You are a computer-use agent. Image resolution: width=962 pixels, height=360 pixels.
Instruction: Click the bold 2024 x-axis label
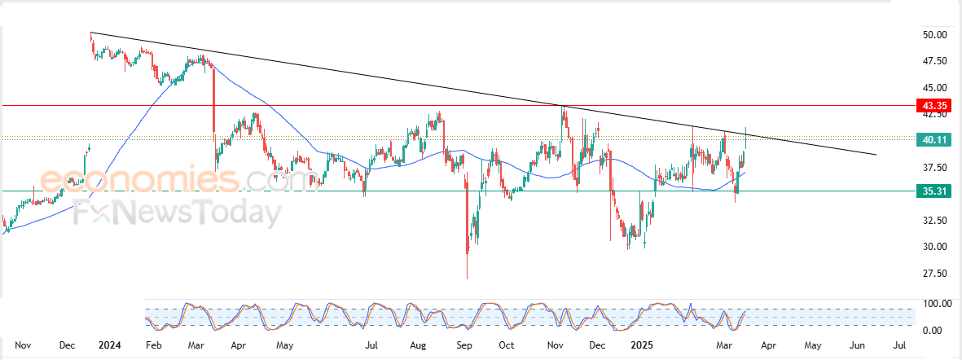pyautogui.click(x=109, y=345)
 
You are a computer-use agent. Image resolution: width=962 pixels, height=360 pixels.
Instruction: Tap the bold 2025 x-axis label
pyautogui.click(x=642, y=345)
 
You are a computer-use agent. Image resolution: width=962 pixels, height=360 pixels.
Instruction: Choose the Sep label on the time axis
pyautogui.click(x=463, y=345)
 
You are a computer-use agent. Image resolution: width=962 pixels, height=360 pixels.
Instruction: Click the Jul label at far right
pyautogui.click(x=900, y=345)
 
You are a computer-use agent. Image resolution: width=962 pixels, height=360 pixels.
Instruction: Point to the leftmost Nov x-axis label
pyautogui.click(x=23, y=345)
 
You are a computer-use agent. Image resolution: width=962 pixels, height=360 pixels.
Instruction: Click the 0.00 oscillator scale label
pyautogui.click(x=933, y=331)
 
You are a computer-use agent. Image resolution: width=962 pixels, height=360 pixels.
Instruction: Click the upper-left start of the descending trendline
pyautogui.click(x=90, y=33)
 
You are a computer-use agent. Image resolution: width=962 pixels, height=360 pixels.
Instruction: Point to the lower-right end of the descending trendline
pyautogui.click(x=876, y=155)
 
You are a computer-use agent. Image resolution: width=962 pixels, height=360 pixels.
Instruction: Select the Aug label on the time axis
pyautogui.click(x=418, y=345)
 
